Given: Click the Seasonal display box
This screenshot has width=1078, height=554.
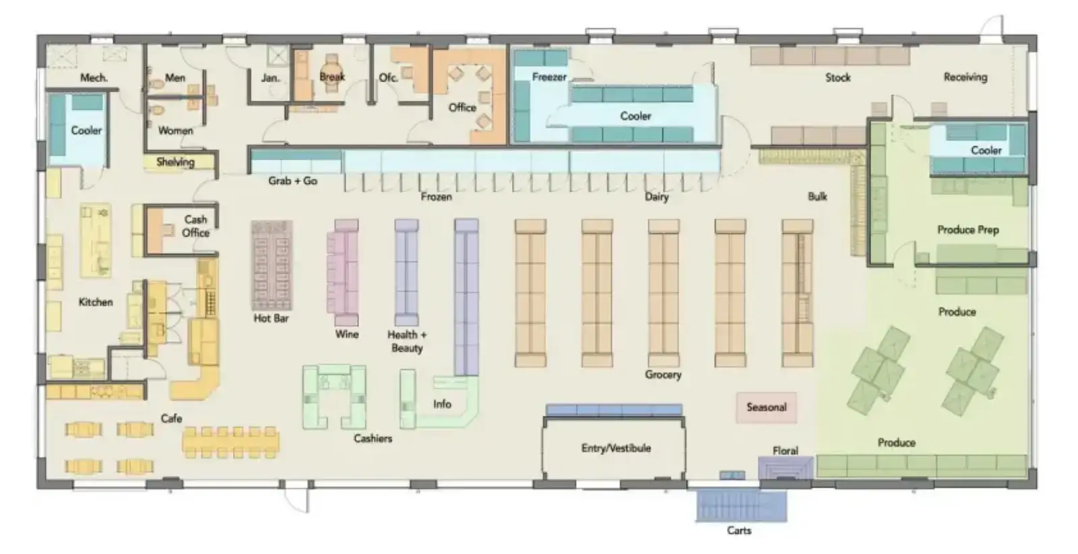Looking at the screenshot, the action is (766, 408).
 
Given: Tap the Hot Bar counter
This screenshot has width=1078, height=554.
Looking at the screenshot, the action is (272, 266).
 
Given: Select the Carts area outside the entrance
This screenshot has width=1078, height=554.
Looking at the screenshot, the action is (741, 505).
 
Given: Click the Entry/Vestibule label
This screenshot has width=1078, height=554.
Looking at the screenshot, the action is (616, 448).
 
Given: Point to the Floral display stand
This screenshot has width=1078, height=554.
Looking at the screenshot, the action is (786, 468).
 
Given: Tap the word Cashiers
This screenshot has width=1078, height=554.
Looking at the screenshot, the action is (373, 439).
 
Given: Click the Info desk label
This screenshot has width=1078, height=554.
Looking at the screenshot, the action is (442, 404).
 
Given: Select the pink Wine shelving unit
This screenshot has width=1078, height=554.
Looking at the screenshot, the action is (343, 272).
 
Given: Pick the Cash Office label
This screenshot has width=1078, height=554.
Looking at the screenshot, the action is (195, 226).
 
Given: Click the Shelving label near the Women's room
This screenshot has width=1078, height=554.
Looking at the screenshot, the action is (176, 162).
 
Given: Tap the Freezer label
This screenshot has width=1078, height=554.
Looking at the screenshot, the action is (549, 77).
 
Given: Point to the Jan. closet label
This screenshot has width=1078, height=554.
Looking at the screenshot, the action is (270, 78).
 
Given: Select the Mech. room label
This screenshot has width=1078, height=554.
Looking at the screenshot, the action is (94, 78).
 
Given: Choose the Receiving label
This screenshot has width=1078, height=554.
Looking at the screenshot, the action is (965, 78).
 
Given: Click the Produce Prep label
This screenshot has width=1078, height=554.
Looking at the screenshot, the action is (968, 230).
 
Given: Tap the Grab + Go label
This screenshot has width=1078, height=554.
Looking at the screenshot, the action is (292, 181).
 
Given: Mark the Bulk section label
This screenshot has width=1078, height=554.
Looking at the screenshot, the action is (818, 196).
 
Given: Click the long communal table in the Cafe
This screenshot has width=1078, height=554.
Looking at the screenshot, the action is (230, 442).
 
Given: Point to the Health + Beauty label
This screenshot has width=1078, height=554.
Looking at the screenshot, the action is (407, 341).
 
